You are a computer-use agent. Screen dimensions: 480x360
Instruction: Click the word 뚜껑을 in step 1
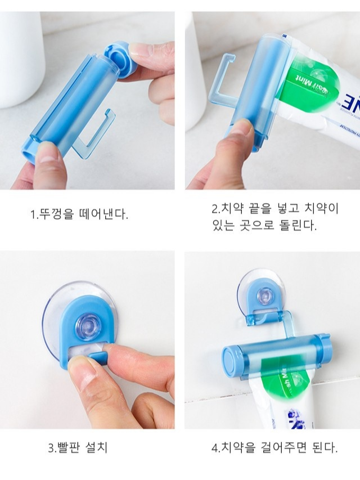click(56, 214)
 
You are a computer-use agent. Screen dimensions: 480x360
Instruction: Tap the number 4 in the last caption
click(215, 448)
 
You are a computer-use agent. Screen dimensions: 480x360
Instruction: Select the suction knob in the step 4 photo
click(263, 296)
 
